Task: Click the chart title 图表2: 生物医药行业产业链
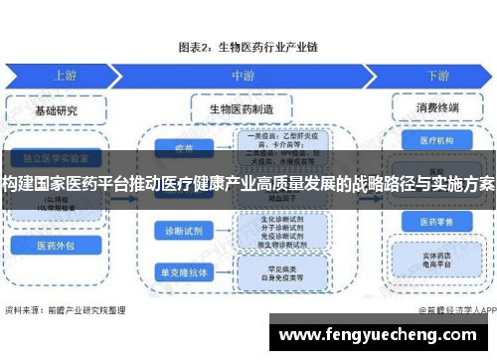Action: pyautogui.click(x=248, y=47)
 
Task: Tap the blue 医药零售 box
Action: pyautogui.click(x=436, y=220)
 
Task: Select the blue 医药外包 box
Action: pyautogui.click(x=56, y=245)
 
